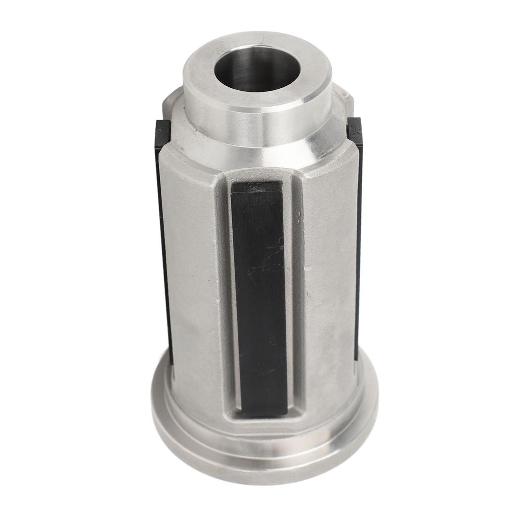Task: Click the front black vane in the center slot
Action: [258, 303]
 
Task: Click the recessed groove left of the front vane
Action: [225, 293]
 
